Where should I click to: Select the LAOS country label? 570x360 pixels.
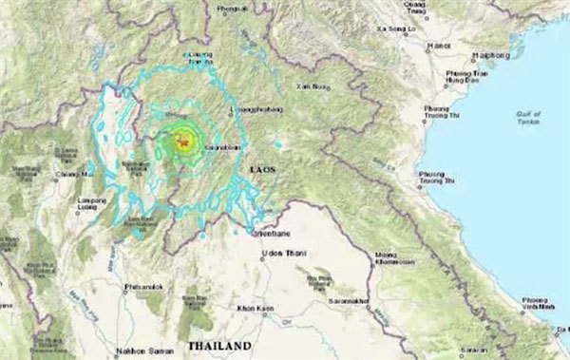261,167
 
